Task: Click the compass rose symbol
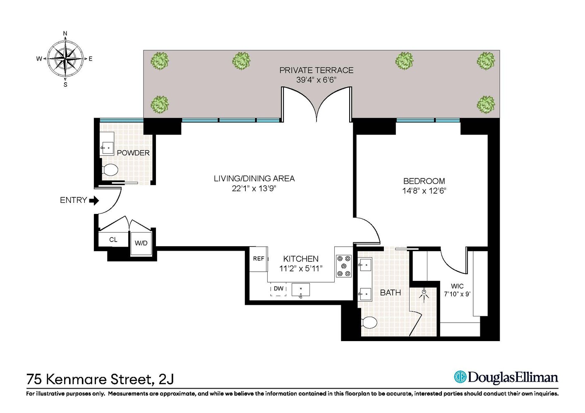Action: coord(65,59)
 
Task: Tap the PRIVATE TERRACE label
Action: coord(316,70)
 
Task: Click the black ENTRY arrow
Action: coord(94,201)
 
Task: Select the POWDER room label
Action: coord(133,153)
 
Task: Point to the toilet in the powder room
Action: coord(110,169)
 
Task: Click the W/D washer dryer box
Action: coord(141,243)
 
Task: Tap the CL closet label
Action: coord(113,240)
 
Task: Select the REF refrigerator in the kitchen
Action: coord(259,259)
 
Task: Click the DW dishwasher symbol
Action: coord(278,289)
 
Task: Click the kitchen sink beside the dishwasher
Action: coord(301,290)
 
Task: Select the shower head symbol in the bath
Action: coord(424,294)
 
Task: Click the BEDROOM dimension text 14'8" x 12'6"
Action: coord(424,191)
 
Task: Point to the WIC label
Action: coord(457,286)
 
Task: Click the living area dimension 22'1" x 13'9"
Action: coord(254,189)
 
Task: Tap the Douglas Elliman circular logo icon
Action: coord(460,377)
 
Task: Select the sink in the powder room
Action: coord(108,147)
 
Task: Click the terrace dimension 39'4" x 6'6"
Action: coord(316,80)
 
